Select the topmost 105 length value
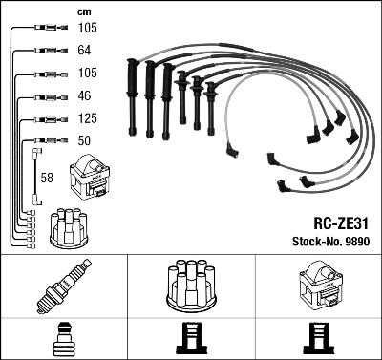[86, 29]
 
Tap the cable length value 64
[83, 52]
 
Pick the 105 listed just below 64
[86, 74]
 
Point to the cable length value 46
[83, 97]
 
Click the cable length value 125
[86, 119]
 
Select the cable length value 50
[83, 141]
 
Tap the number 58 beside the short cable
[47, 178]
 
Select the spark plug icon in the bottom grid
[63, 286]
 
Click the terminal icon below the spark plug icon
[63, 339]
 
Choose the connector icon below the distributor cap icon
[189, 339]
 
